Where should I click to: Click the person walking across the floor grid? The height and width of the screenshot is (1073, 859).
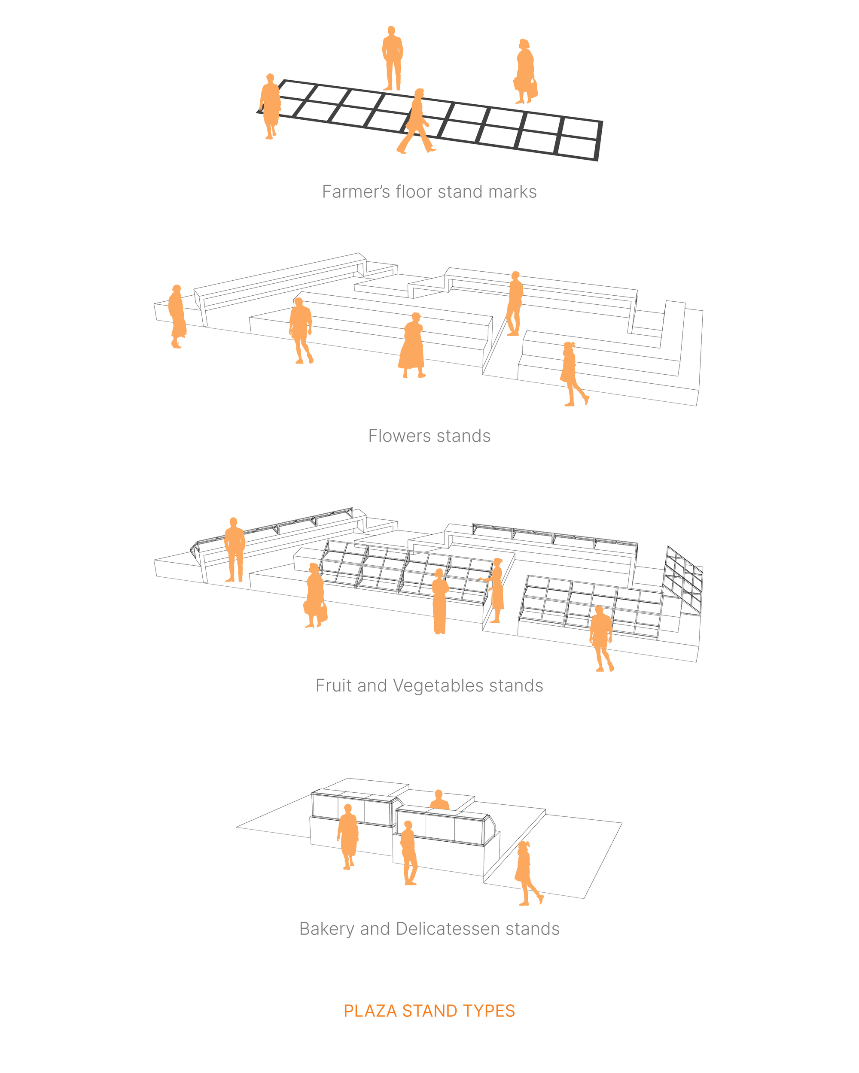click(416, 122)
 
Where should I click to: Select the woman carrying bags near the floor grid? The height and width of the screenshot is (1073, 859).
click(525, 72)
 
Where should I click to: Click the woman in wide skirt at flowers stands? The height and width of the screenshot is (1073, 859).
click(413, 346)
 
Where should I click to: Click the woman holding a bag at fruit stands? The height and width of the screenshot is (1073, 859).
click(315, 595)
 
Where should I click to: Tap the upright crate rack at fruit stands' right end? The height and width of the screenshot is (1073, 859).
click(684, 580)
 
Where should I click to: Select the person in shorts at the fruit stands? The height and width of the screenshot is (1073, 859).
click(601, 637)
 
